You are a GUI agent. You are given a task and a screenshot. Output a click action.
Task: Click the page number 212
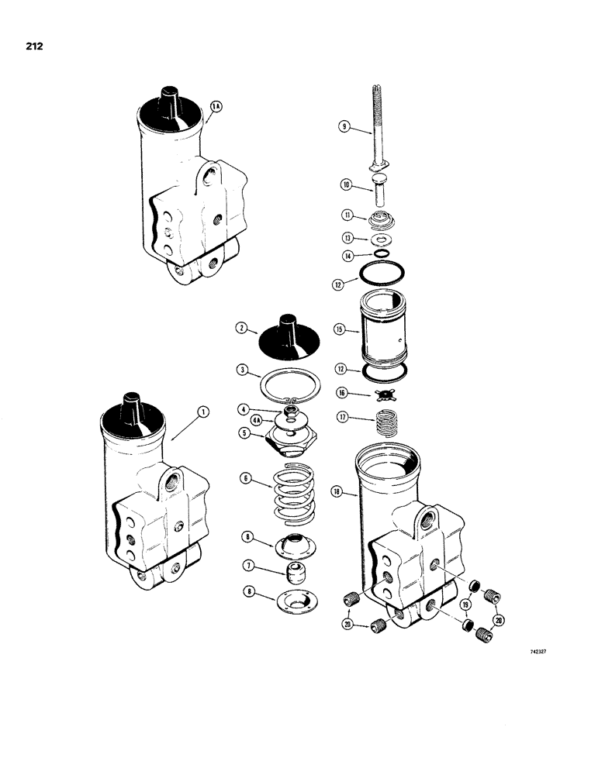point(33,46)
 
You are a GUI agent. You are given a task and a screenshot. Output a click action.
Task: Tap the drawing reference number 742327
point(541,651)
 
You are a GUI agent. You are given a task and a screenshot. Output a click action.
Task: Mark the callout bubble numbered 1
point(203,414)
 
